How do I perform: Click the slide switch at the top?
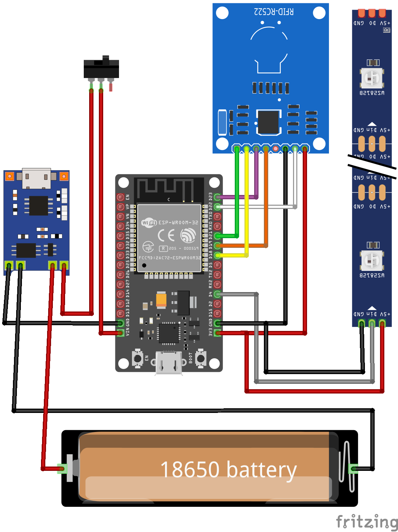click(x=101, y=68)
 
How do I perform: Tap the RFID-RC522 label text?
click(x=274, y=12)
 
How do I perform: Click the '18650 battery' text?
click(x=228, y=470)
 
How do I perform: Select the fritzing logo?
click(x=366, y=522)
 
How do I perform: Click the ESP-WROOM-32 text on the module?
click(x=178, y=223)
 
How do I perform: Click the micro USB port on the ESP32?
click(x=169, y=363)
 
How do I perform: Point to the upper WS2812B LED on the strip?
click(x=372, y=78)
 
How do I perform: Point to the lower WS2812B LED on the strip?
click(x=372, y=260)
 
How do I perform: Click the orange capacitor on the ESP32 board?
click(x=161, y=300)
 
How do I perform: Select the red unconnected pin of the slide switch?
click(x=111, y=87)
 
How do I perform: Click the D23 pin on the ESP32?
click(x=217, y=197)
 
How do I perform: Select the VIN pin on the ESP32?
click(x=120, y=333)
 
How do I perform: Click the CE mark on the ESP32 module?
click(x=166, y=236)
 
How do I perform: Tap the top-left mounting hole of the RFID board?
click(x=222, y=13)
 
